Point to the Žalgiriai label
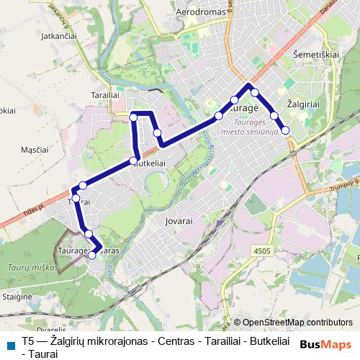[304, 104]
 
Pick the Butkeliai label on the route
[150, 163]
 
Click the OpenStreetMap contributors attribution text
[297, 323]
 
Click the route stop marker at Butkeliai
[134, 161]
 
